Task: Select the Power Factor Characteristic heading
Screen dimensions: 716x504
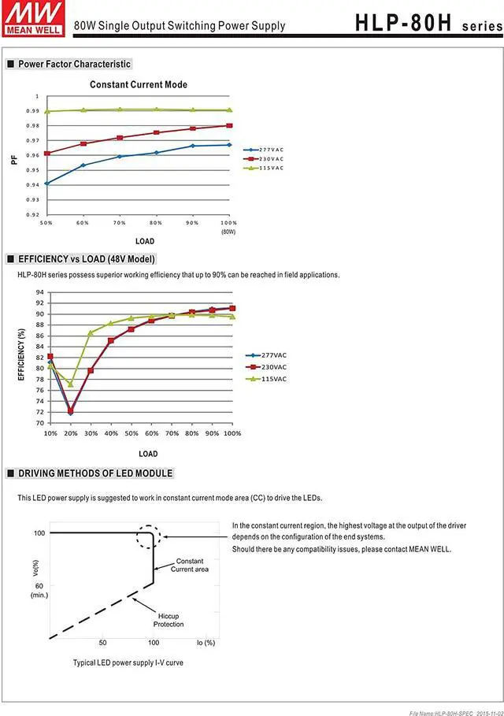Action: point(74,64)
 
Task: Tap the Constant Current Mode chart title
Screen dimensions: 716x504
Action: point(139,84)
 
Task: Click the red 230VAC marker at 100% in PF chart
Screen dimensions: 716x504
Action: point(229,125)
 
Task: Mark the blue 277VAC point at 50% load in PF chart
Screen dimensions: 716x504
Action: point(47,184)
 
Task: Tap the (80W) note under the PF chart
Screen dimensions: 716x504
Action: point(228,232)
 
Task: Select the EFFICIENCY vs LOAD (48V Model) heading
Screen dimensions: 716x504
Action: point(86,258)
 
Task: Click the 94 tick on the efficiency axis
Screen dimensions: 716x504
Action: point(39,292)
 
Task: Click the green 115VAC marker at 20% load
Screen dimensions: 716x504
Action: point(70,384)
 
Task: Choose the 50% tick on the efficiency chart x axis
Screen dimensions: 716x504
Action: point(131,434)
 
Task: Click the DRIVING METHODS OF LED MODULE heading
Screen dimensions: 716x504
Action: point(94,473)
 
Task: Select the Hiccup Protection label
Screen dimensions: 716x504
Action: point(169,619)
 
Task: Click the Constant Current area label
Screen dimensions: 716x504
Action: point(190,565)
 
